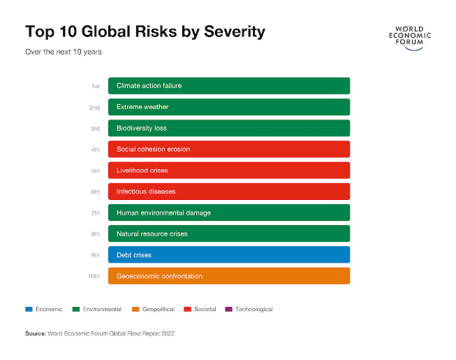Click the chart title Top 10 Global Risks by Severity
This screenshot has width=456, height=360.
(145, 32)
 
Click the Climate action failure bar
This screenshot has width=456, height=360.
(229, 86)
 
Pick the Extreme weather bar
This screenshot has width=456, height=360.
(229, 107)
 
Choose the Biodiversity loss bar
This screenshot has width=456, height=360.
(229, 128)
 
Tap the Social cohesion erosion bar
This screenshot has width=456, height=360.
(229, 149)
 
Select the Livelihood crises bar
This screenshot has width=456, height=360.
(229, 170)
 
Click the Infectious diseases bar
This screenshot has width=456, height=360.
(229, 192)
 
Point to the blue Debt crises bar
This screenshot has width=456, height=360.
(229, 254)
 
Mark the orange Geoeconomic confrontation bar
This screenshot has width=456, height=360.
(229, 276)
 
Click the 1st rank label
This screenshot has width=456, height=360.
(96, 86)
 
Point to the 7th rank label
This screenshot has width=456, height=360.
(95, 213)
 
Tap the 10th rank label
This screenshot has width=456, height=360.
(94, 276)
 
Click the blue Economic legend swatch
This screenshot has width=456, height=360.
(29, 309)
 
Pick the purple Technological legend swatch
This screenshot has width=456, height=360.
(228, 309)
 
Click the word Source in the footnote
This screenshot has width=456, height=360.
(36, 333)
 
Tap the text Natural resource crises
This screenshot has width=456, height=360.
(152, 233)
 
